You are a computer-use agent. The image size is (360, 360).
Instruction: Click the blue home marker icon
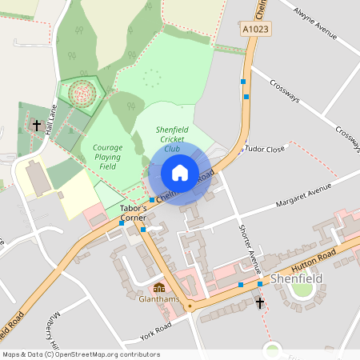click(180, 172)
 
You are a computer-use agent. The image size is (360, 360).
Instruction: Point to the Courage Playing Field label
click(107, 157)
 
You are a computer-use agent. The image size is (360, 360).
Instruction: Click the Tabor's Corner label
click(132, 212)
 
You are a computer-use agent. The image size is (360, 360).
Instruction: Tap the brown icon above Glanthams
click(159, 287)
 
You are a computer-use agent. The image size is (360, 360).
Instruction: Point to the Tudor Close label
click(265, 149)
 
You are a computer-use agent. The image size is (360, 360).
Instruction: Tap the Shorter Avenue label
click(246, 246)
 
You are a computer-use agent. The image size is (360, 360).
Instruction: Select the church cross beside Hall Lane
click(35, 126)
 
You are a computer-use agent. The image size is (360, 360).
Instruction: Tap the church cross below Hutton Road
click(259, 302)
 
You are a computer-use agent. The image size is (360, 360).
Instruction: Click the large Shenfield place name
click(298, 279)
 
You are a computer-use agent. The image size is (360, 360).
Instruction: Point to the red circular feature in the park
click(81, 94)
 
